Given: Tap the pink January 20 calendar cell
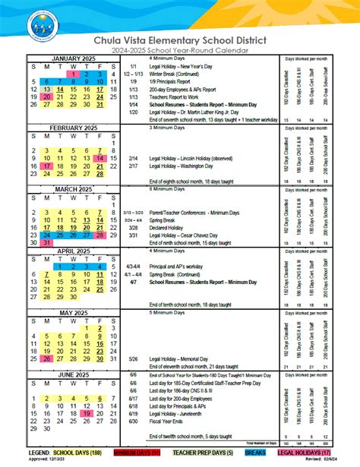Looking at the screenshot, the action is tap(47, 96).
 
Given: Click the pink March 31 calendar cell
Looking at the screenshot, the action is tap(47, 243).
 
